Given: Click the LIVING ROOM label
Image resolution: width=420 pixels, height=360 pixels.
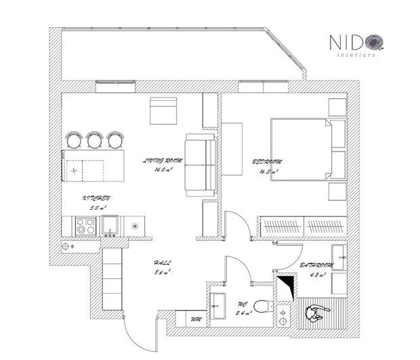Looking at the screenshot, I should [x=164, y=161].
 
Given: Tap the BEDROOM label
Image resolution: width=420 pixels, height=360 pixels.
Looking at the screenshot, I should [x=266, y=162].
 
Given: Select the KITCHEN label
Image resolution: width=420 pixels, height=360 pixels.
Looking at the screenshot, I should [x=96, y=198].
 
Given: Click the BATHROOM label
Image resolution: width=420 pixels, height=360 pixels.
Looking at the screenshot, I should [x=317, y=267].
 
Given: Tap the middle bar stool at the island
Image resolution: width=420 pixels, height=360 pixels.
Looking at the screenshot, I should [x=94, y=139].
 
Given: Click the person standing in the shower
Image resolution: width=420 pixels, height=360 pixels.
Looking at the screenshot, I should [x=314, y=313].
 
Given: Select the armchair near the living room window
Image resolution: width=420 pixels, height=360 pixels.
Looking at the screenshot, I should [x=163, y=110].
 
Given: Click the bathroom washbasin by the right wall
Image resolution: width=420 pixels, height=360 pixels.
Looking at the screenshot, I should [x=339, y=256].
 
